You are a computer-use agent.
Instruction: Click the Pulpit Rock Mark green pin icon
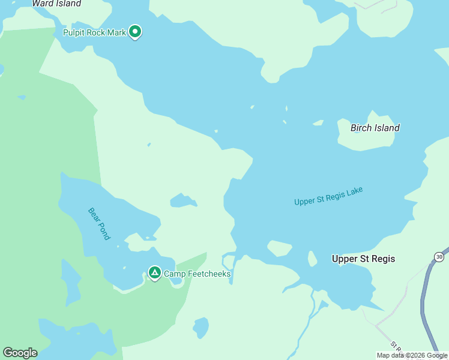coord(135,31)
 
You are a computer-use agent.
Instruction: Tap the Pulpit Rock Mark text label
coord(94,32)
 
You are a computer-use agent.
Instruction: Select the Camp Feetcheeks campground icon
coord(154,274)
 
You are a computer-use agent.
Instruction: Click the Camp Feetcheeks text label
coord(197,274)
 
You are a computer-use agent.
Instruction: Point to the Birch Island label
coord(375,128)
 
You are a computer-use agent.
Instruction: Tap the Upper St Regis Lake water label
coord(328,196)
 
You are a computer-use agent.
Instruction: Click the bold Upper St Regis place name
coord(363,259)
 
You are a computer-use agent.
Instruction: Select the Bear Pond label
coord(99,224)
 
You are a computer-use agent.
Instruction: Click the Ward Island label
coord(56,4)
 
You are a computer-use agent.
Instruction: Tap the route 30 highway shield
coord(439,257)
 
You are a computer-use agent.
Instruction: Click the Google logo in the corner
coord(20,352)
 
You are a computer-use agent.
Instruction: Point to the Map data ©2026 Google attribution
coord(412,355)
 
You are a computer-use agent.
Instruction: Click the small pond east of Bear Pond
coord(182,200)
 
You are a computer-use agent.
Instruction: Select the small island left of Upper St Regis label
coord(279,248)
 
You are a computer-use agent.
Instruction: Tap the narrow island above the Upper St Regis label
coord(312,259)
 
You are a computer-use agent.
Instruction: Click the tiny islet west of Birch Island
coord(318,123)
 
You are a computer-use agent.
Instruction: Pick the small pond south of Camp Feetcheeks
coord(200,328)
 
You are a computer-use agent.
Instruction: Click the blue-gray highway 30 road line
coord(427,306)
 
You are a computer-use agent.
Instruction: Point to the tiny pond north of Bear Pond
coord(148,145)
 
